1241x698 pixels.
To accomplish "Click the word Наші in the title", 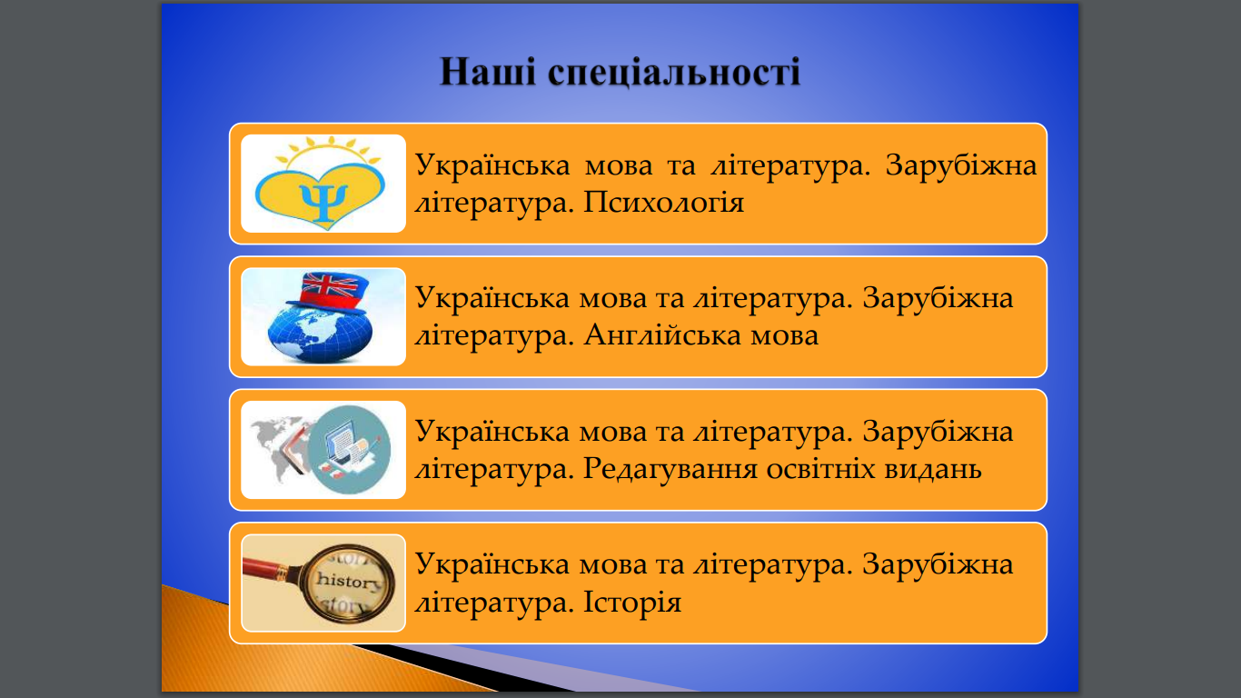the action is (488, 72).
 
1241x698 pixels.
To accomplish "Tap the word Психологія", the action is (664, 203).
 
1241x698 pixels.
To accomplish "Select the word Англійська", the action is (662, 336).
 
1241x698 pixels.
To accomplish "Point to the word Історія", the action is (632, 602).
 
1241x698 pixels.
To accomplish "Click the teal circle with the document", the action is (349, 450).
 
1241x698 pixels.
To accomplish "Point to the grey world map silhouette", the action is (279, 445).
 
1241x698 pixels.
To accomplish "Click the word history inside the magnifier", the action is (349, 581).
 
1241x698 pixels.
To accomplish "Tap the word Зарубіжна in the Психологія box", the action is (960, 165).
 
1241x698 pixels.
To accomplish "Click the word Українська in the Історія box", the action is (492, 565).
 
